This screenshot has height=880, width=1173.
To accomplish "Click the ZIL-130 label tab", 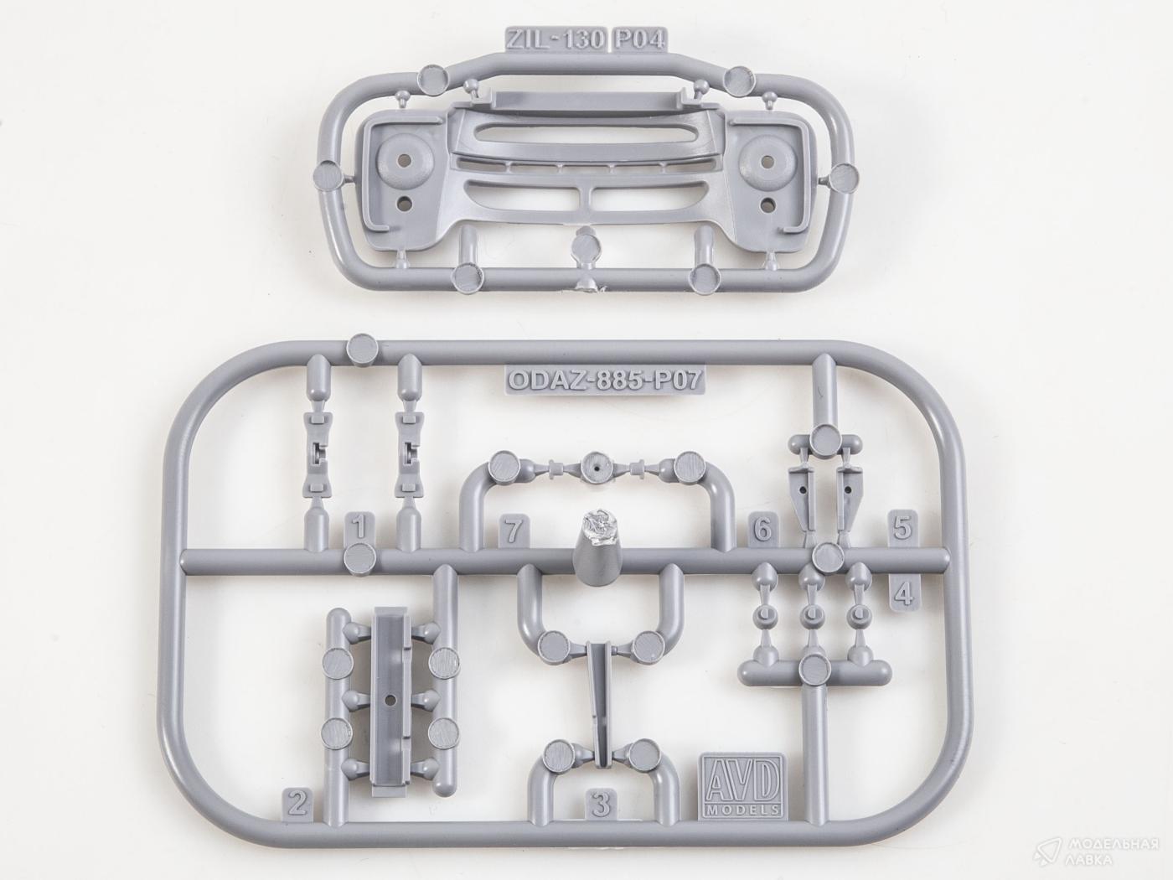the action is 555,39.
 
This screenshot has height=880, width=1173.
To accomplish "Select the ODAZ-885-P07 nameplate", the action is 604,380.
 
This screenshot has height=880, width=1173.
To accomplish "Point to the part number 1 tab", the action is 359,527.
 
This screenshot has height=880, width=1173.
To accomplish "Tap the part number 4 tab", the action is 904,592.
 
